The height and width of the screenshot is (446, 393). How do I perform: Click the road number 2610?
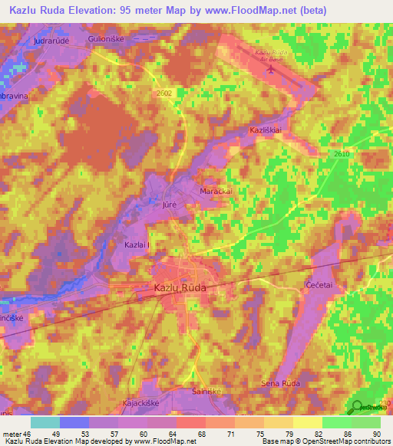[342, 155]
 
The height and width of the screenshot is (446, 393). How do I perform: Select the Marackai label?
[216, 191]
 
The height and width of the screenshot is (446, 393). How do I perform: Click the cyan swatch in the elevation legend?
[45, 422]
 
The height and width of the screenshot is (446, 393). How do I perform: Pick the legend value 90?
[375, 434]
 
